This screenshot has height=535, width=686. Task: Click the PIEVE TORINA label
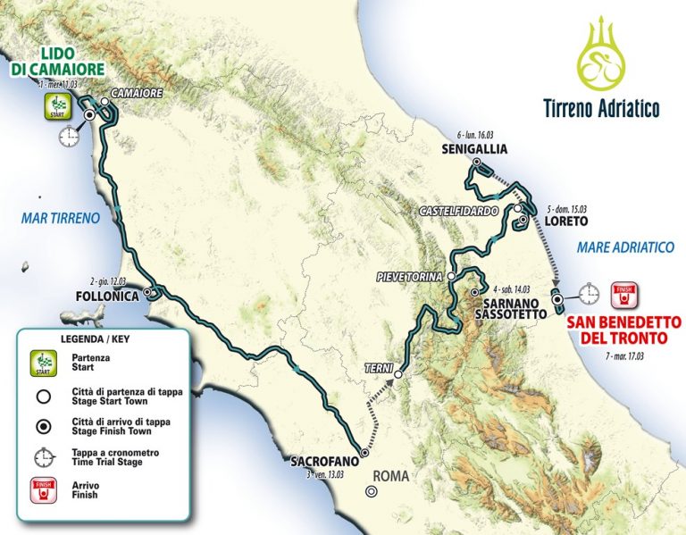point(410,277)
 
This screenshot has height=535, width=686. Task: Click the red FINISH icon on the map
point(623,294)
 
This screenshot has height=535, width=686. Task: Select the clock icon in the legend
point(41,456)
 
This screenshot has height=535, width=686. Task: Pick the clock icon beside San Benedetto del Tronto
point(588,292)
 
